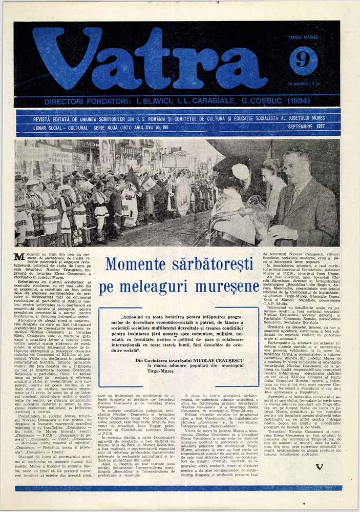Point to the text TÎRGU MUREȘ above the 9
tap(303, 37)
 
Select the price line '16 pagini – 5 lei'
tap(303, 83)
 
